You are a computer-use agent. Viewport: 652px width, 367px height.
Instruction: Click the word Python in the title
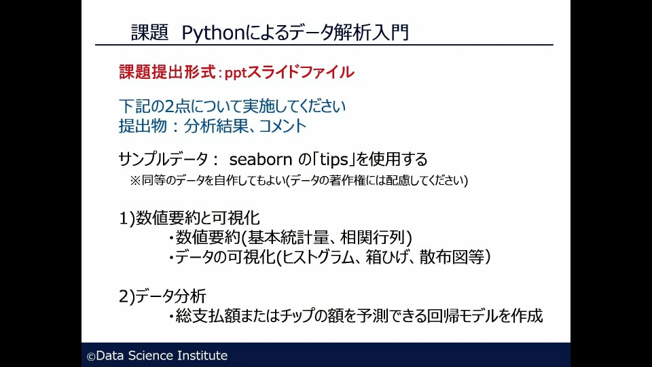pos(213,33)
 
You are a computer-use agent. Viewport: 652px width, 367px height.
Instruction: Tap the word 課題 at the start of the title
pos(149,33)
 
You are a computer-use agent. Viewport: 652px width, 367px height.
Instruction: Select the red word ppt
pos(236,73)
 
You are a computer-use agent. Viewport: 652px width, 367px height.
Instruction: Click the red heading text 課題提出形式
pos(167,72)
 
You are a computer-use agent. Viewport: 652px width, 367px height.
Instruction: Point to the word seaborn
pos(261,159)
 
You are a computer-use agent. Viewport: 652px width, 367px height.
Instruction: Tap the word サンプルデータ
pos(164,159)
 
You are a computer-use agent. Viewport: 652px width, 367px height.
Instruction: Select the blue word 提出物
pos(143,126)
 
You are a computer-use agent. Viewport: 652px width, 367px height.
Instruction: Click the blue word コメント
pos(283,126)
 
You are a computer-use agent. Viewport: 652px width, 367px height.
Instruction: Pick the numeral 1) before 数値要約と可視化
pos(127,218)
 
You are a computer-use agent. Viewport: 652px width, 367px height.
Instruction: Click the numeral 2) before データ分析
pos(127,297)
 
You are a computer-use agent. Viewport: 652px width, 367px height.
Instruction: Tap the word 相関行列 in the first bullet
pos(373,238)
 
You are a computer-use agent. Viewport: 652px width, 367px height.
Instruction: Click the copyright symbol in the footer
pos(90,357)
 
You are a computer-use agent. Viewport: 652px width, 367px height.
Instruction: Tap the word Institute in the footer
pos(202,355)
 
